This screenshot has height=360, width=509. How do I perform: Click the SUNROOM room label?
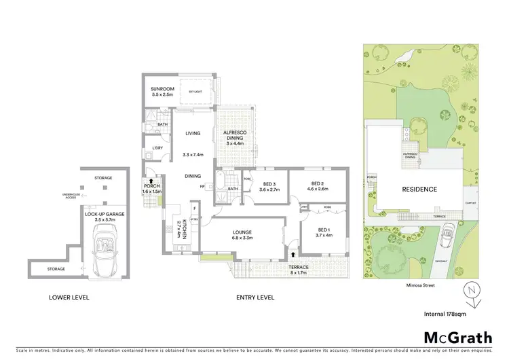point(162,90)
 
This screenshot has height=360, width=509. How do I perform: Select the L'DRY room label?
point(157,148)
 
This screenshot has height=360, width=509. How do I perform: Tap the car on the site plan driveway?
point(448,238)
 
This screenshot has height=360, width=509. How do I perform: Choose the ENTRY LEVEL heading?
point(255,297)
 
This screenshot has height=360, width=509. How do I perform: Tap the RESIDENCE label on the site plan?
point(419,190)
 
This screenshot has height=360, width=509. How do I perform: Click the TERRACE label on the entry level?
point(299,267)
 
